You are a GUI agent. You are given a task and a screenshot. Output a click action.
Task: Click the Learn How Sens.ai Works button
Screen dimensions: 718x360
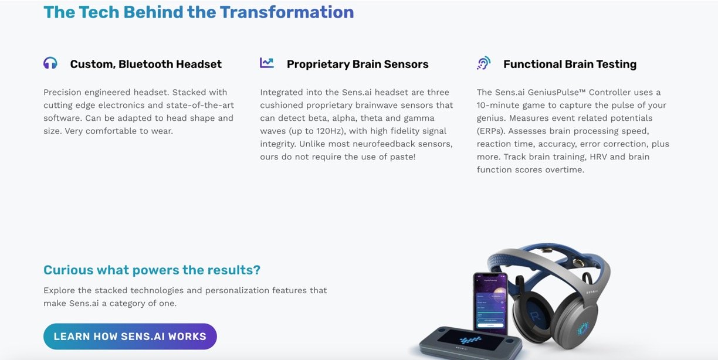click(x=130, y=337)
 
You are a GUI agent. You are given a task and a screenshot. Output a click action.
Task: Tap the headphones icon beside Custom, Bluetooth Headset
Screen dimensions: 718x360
click(x=50, y=63)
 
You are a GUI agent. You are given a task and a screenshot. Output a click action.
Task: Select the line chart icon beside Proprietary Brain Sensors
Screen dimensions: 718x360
click(x=267, y=63)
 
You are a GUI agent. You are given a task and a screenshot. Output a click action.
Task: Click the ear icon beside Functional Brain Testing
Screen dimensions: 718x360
click(x=483, y=63)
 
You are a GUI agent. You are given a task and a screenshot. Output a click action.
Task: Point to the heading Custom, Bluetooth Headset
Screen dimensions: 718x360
click(x=146, y=64)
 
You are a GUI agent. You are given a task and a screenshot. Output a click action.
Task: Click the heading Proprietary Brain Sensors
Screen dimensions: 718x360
click(x=357, y=64)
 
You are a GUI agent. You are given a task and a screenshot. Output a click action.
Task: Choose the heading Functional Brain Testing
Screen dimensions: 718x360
click(x=570, y=64)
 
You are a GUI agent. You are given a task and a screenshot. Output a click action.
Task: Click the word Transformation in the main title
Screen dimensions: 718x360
click(x=287, y=12)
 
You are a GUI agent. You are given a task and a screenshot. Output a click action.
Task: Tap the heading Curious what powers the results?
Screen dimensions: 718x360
click(x=152, y=270)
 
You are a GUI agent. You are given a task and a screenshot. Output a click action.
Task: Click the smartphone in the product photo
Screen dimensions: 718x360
click(x=491, y=303)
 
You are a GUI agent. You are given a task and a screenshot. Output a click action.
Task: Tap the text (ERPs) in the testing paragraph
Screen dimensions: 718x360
click(x=491, y=131)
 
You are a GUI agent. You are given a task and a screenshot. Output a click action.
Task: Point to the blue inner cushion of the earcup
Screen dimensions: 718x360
click(x=534, y=314)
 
